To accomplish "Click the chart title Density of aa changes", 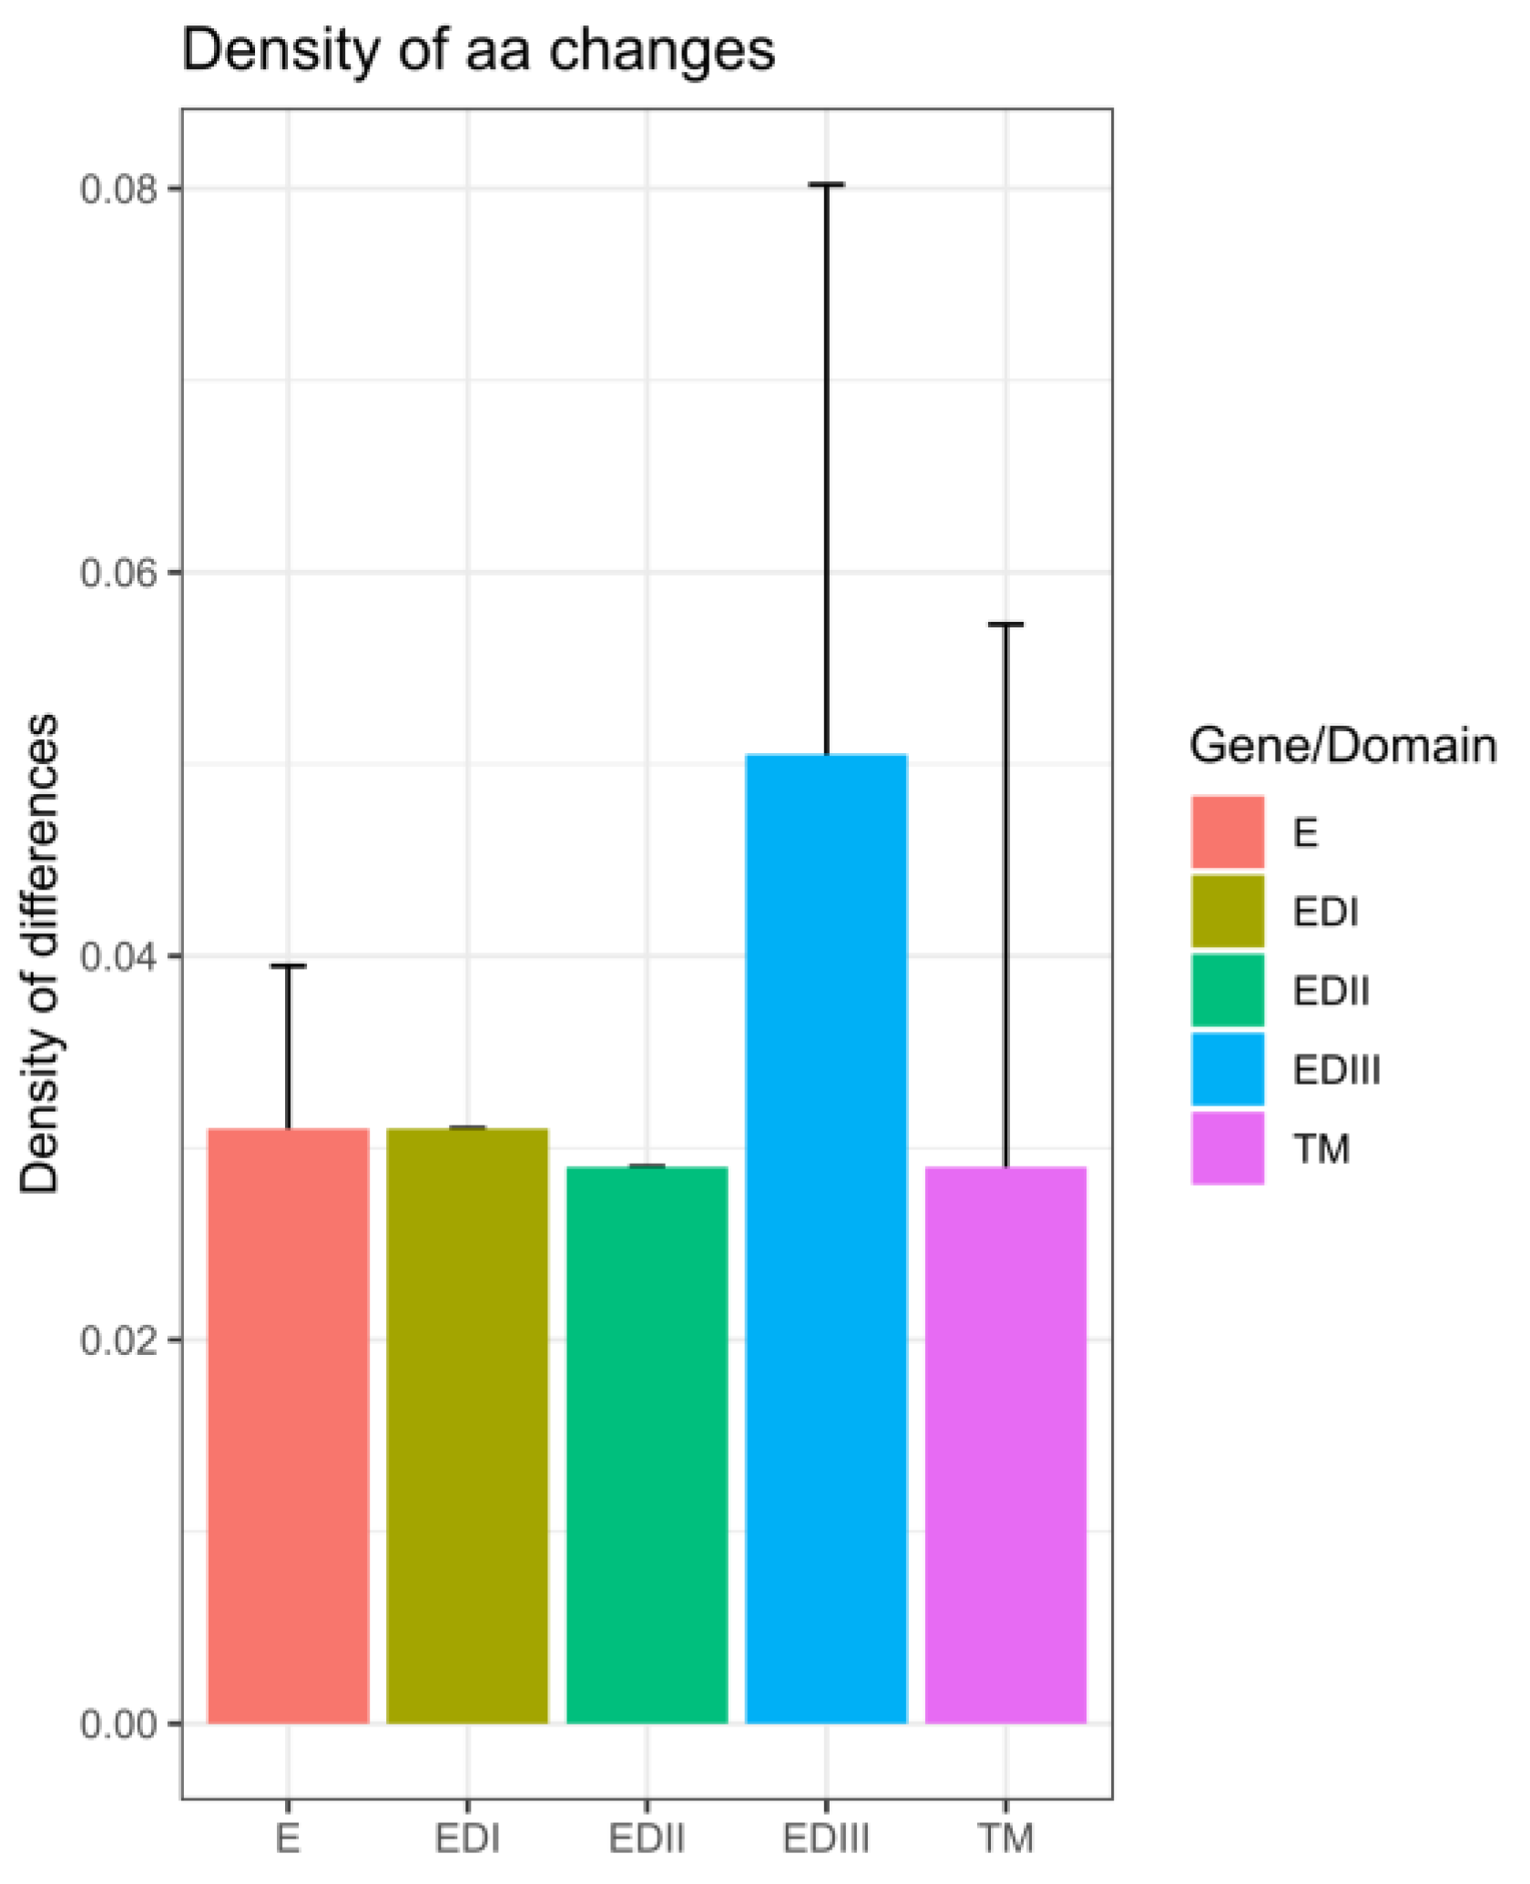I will click(x=478, y=51).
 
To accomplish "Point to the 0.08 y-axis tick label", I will click(x=118, y=189).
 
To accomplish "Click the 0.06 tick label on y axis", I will click(x=118, y=573).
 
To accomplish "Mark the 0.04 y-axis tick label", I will click(x=118, y=956).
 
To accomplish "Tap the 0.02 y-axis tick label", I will click(x=118, y=1339).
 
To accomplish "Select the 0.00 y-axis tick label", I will click(x=118, y=1724).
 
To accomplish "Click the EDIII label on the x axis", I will click(x=826, y=1838).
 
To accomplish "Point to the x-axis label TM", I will click(x=1006, y=1838).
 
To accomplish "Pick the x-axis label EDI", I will click(x=467, y=1838).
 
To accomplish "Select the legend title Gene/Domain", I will click(x=1342, y=745).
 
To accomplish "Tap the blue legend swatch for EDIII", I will click(x=1228, y=1069).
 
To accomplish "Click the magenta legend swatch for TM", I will click(x=1228, y=1148).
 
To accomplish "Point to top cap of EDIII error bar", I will click(x=826, y=184).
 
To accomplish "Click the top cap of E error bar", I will click(x=288, y=965).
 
